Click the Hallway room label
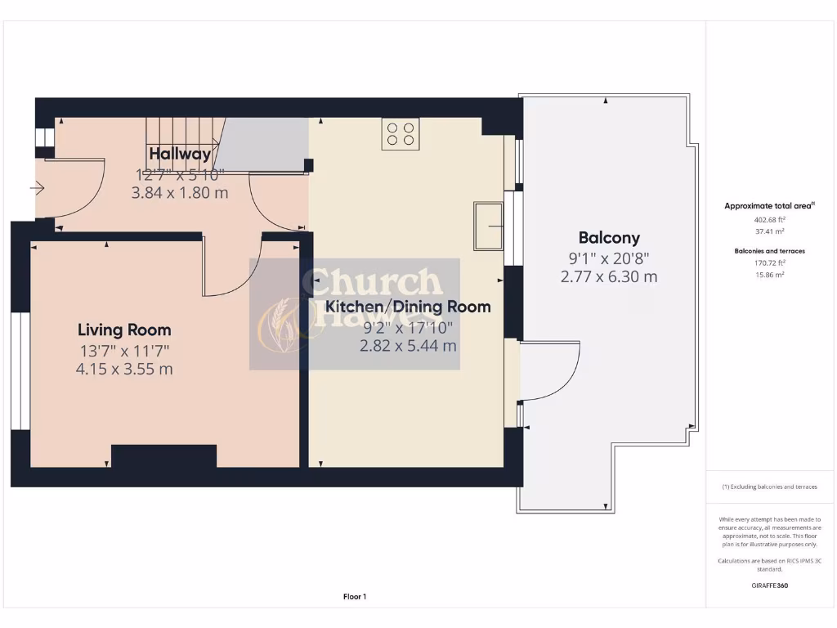(180, 154)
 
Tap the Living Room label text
(124, 330)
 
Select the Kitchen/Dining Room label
(408, 307)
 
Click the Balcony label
(609, 238)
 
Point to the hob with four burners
(401, 134)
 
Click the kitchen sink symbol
(488, 227)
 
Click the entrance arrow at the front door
(37, 189)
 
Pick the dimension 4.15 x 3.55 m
(124, 369)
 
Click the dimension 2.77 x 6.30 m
(609, 276)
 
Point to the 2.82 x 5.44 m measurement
(408, 345)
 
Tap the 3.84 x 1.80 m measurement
(180, 193)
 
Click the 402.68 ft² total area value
(769, 220)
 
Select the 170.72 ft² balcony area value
(769, 263)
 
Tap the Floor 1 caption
(355, 597)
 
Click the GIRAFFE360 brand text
(769, 585)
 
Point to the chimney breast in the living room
(163, 456)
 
